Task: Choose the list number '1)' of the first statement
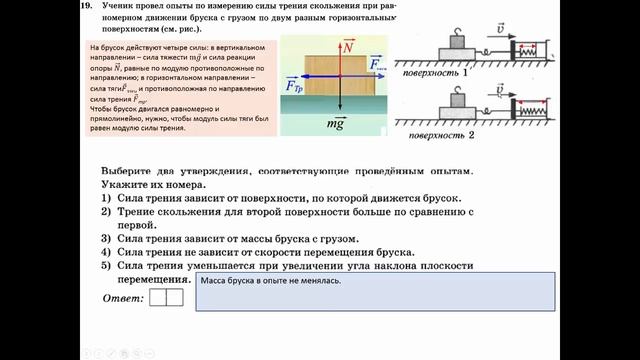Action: click(106, 201)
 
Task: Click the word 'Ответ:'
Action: click(123, 299)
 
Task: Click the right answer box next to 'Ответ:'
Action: click(174, 297)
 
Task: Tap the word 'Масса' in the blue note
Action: click(215, 283)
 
